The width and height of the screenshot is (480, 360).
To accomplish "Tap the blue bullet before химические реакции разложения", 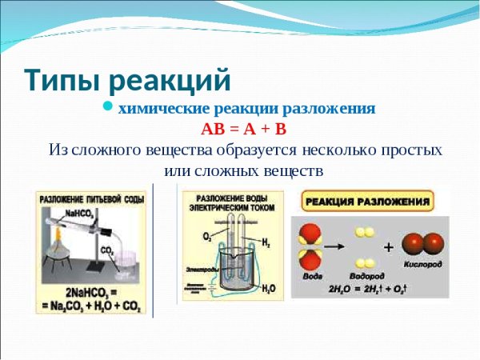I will point(110,108).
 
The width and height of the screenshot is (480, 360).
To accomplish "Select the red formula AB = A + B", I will point(243,130).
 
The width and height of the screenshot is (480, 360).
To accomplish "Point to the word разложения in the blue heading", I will point(332,108).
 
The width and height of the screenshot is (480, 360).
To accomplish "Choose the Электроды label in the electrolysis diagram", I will point(198,270).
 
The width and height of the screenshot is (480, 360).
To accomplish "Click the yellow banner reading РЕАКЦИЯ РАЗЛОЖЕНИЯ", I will point(367,201).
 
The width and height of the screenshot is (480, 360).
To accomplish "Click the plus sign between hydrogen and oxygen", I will point(388,248).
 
